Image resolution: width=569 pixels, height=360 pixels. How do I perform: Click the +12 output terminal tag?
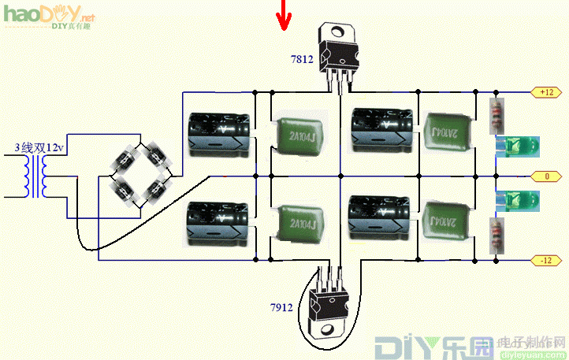pyautogui.click(x=547, y=92)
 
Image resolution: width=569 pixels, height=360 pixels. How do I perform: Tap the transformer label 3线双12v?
pyautogui.click(x=37, y=147)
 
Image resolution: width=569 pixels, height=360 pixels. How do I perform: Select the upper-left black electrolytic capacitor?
pyautogui.click(x=218, y=131)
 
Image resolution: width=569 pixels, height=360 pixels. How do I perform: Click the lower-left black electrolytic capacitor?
pyautogui.click(x=218, y=225)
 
